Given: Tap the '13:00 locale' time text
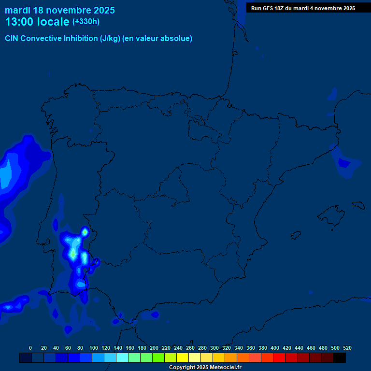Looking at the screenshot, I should (37, 22).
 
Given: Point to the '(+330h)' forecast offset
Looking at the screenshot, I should (86, 22).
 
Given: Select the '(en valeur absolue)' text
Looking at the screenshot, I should (157, 39).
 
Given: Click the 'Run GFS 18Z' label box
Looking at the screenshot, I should (303, 8).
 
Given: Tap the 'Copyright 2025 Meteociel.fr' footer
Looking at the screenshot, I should (205, 367).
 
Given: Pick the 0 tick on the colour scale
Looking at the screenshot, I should (30, 348).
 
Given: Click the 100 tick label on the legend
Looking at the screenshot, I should (94, 348).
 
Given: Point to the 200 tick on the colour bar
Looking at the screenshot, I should (154, 348).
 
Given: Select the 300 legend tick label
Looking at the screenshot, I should (214, 348).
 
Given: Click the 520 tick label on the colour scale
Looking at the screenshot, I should (347, 348).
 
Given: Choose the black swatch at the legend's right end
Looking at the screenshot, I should (340, 357).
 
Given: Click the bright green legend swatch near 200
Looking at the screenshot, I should (158, 357).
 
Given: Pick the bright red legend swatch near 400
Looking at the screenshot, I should (279, 357).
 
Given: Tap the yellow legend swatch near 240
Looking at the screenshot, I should (183, 357).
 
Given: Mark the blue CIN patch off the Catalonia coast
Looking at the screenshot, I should (345, 163).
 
